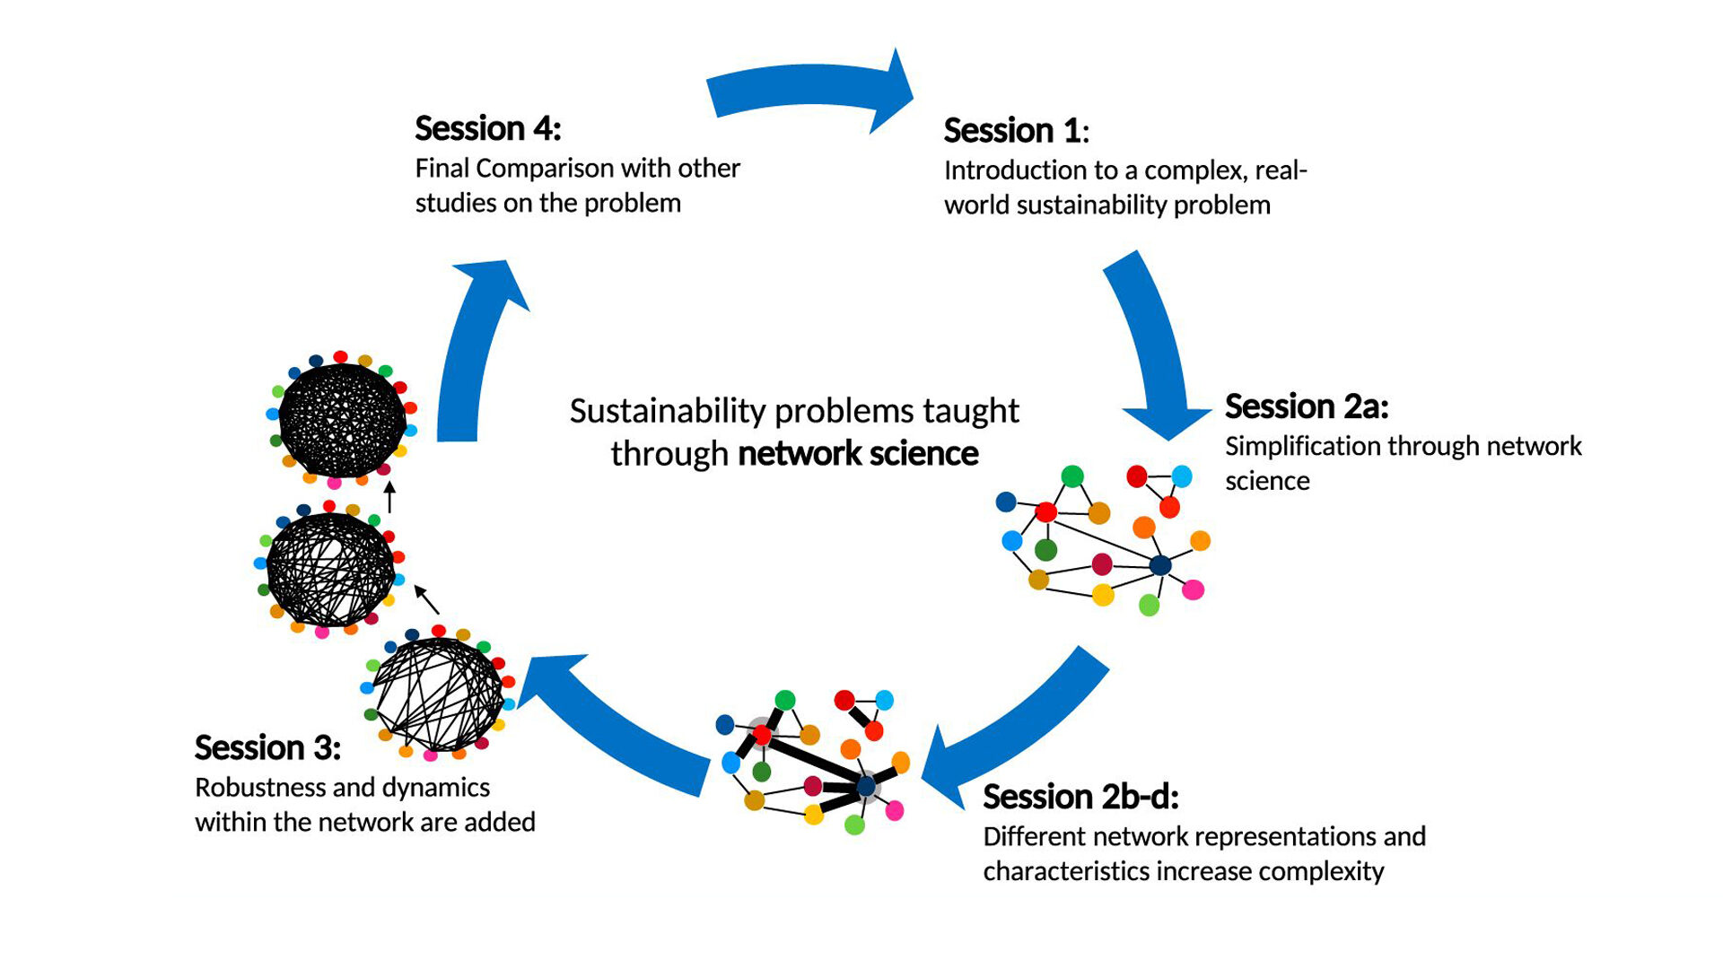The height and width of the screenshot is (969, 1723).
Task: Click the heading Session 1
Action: pyautogui.click(x=1016, y=131)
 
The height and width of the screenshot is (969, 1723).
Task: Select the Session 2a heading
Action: pyautogui.click(x=1307, y=406)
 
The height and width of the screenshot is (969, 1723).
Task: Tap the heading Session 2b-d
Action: pyautogui.click(x=1080, y=797)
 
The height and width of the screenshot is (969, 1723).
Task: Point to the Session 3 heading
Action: pyautogui.click(x=267, y=747)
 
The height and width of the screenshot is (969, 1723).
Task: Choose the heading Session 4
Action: pyautogui.click(x=487, y=128)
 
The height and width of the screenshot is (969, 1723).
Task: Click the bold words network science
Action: pyautogui.click(x=858, y=454)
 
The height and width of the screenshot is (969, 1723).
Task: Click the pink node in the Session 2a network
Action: pyautogui.click(x=1193, y=589)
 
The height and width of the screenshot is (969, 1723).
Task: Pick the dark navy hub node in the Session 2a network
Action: pyautogui.click(x=1160, y=565)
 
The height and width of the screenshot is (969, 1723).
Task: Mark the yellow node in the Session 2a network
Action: pyautogui.click(x=1103, y=594)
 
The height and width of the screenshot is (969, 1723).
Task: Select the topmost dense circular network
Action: pyautogui.click(x=342, y=419)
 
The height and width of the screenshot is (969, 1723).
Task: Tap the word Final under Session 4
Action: pyautogui.click(x=442, y=168)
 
